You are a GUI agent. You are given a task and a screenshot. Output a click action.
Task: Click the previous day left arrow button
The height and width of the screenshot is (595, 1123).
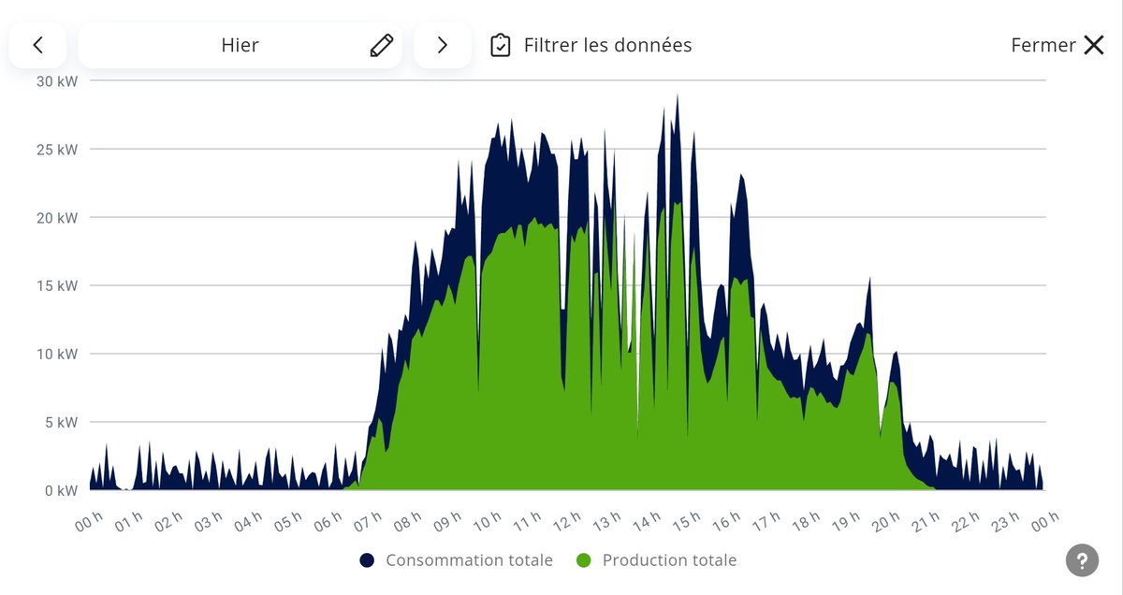pos(37,45)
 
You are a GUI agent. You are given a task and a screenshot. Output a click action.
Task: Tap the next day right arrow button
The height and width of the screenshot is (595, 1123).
pos(443,45)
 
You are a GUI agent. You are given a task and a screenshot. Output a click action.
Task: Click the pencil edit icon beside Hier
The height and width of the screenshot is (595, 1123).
pos(381,45)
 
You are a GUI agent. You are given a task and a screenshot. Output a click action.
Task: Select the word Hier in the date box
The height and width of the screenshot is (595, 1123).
pos(240,45)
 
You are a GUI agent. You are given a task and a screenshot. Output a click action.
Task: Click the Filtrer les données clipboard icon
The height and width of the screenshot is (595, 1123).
pos(501,45)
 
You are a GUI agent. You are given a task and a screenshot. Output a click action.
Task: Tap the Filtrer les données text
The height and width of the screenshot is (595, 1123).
pos(607,45)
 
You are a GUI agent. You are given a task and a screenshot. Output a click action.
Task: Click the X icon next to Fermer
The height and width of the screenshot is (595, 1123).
pos(1093,45)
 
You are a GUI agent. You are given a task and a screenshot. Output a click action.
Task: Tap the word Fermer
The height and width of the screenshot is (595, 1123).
pos(1043,45)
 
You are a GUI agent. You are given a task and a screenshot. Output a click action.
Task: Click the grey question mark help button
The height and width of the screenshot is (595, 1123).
pos(1082,560)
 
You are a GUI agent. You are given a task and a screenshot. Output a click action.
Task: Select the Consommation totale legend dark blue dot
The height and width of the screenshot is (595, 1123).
pos(367,560)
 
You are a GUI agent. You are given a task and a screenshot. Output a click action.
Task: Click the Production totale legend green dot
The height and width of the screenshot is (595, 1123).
pos(584,560)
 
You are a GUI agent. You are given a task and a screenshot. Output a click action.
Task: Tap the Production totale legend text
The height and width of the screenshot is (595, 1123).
pos(669,560)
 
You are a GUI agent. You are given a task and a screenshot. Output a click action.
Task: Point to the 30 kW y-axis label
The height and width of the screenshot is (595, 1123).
pos(57,80)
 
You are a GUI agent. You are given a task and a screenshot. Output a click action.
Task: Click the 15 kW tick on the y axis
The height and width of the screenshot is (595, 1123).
pos(57,285)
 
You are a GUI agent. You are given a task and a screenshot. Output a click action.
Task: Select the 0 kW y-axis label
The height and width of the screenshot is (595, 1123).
pos(61,490)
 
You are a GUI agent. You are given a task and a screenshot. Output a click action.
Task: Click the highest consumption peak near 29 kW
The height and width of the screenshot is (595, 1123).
pos(677,96)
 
